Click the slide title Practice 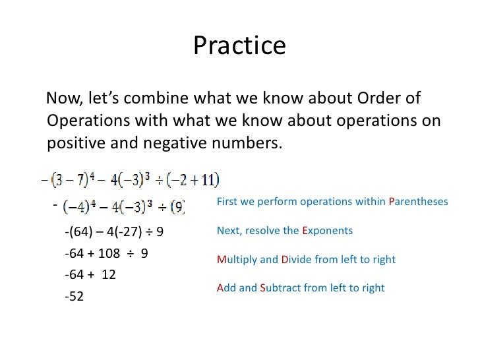pos(239,46)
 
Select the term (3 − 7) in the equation pos(69,179)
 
